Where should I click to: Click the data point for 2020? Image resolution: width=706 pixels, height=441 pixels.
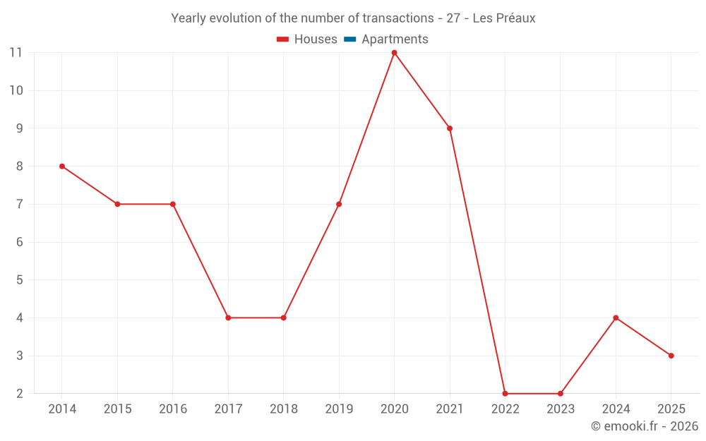[394, 52]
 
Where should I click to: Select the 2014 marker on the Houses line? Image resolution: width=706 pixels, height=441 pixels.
[62, 167]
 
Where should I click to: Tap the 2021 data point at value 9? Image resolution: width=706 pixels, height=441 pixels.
[450, 128]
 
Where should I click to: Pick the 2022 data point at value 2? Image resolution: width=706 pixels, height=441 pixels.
[505, 394]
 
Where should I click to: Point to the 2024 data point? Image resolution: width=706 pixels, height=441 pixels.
[616, 318]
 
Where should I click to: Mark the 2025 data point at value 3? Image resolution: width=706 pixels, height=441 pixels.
[671, 356]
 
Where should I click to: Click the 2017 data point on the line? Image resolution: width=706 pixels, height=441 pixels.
[228, 318]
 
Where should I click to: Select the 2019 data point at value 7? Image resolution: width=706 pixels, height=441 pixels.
[339, 204]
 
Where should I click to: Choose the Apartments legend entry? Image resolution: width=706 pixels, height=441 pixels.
[394, 40]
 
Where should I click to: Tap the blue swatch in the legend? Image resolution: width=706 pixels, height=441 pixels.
[349, 40]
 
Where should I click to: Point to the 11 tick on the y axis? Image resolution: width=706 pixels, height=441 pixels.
[16, 52]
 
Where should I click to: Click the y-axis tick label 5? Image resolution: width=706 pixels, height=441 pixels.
[19, 280]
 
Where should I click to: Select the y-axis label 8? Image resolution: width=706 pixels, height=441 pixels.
[19, 167]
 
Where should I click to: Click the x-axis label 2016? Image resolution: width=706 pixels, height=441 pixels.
[173, 409]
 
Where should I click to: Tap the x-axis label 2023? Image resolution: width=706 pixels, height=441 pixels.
[561, 409]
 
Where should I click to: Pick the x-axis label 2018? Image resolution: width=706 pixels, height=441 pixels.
[284, 409]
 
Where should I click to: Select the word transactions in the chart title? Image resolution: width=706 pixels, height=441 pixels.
[395, 18]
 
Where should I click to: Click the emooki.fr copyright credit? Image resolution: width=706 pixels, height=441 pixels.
[644, 426]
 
